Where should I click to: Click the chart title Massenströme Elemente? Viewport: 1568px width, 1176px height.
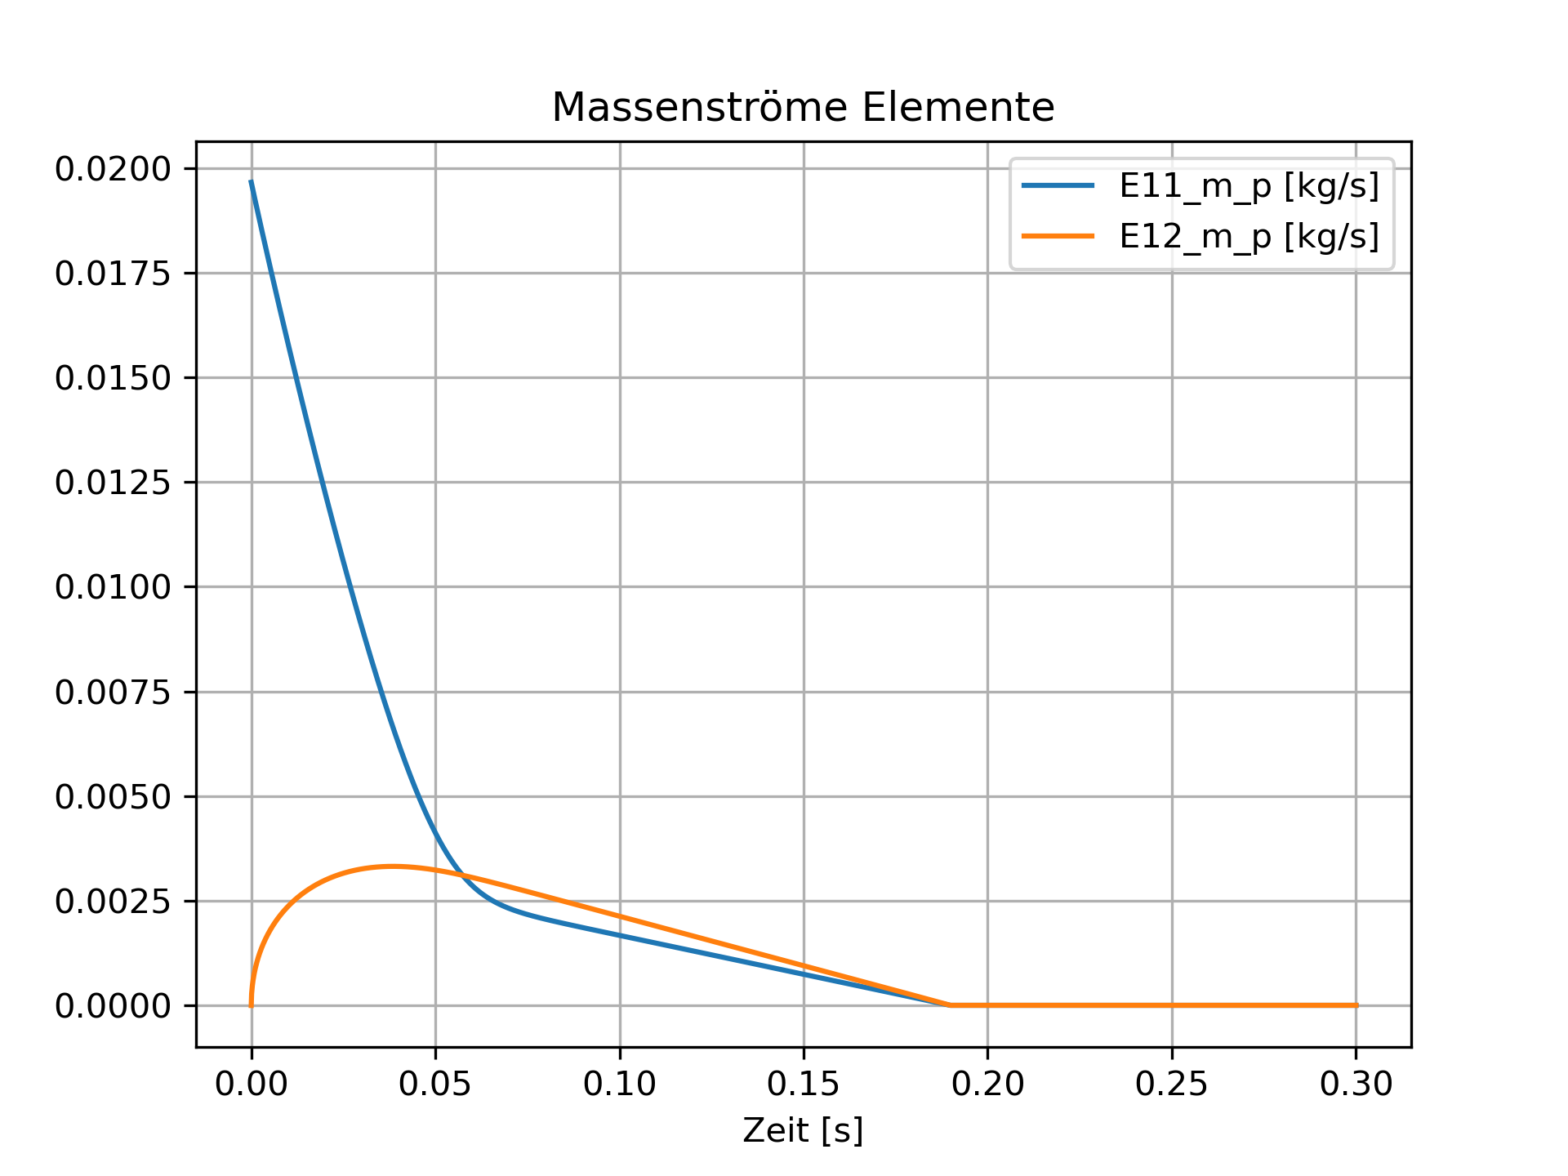coord(803,108)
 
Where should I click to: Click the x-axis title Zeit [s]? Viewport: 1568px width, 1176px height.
coord(803,1130)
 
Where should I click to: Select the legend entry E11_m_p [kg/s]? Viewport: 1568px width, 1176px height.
coord(1249,186)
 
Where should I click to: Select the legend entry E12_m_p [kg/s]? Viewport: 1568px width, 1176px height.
coord(1249,236)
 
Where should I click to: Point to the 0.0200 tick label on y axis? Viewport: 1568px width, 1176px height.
coord(113,169)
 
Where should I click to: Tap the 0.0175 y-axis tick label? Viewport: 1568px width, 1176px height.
coord(113,274)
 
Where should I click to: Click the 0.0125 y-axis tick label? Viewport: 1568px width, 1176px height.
coord(113,483)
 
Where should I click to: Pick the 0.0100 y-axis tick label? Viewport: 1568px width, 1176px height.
coord(113,587)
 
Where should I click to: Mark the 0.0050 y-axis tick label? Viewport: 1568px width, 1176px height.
coord(113,796)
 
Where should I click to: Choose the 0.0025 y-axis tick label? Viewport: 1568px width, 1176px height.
coord(113,902)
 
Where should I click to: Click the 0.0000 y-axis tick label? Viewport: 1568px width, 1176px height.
coord(113,1006)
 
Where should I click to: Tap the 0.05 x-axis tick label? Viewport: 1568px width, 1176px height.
coord(435,1084)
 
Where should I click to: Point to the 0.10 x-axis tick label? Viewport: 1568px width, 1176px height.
coord(620,1084)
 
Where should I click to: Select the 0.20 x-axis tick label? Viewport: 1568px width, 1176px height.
coord(987,1084)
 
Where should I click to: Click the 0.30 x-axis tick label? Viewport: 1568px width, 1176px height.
coord(1356,1084)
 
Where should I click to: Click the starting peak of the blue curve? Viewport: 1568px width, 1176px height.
coord(252,181)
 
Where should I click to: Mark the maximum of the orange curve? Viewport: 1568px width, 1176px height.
coord(393,866)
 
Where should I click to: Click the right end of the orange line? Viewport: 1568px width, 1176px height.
coord(1356,1005)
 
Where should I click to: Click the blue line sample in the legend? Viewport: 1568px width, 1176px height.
coord(1058,186)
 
